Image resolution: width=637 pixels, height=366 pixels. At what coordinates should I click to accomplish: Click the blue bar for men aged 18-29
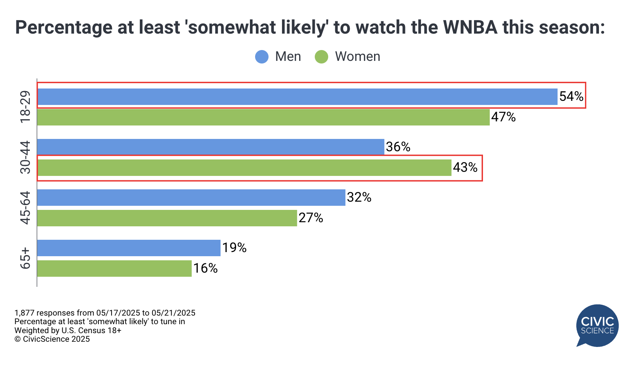tap(297, 97)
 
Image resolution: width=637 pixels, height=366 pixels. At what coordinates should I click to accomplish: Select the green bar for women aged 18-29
tap(263, 117)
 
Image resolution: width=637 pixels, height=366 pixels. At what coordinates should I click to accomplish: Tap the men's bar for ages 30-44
tap(211, 147)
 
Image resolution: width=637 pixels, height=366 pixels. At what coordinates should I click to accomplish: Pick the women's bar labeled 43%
tap(244, 168)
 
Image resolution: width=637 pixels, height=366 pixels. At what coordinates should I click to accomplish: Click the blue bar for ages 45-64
tap(191, 198)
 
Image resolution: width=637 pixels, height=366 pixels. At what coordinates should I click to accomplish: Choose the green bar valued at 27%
tap(167, 218)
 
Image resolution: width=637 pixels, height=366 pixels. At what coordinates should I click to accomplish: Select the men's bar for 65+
tap(129, 248)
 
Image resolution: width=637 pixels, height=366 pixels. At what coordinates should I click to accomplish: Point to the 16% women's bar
tap(114, 269)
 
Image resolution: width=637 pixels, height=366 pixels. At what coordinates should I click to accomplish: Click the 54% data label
tap(571, 97)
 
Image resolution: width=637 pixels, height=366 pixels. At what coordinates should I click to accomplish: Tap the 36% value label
tap(398, 147)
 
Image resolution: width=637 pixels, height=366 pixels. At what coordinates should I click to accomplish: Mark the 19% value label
tap(234, 248)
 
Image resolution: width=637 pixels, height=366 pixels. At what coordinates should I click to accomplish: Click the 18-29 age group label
tap(25, 107)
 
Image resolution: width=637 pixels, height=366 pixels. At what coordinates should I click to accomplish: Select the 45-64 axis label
tap(25, 208)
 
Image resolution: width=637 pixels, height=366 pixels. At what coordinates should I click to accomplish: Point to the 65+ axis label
tap(25, 258)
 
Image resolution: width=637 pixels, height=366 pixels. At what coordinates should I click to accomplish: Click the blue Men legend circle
tap(262, 57)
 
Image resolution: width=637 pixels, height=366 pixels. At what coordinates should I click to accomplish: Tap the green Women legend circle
tap(321, 57)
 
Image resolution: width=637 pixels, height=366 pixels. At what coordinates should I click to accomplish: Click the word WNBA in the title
tap(470, 27)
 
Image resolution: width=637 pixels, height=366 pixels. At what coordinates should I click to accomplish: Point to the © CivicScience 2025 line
tap(52, 339)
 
